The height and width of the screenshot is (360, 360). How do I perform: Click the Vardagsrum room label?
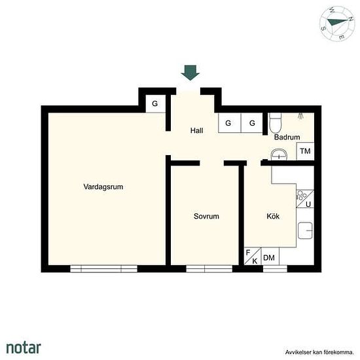point(103,187)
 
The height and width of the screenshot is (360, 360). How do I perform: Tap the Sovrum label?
point(206,216)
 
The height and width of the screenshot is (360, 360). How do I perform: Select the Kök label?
point(273,216)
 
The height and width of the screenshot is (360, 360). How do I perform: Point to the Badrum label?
point(287,137)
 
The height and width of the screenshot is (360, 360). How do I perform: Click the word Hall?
point(196,130)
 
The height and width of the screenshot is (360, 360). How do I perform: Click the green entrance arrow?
point(190,73)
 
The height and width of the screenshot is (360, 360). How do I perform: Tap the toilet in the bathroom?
point(275,122)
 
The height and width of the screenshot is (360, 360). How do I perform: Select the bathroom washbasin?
point(279,154)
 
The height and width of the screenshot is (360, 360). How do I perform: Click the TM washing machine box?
point(305,151)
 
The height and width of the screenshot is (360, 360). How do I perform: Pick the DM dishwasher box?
point(270,256)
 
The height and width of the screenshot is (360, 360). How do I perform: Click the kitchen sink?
point(305,230)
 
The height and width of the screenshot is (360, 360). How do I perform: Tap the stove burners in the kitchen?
point(302,196)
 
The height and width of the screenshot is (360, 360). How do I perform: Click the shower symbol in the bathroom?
point(300,116)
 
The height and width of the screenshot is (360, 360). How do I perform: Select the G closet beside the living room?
point(155,104)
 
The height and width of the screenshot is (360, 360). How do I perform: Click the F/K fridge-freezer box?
point(253,256)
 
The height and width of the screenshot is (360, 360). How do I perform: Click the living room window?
point(104,268)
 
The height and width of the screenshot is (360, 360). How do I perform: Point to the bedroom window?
point(209,268)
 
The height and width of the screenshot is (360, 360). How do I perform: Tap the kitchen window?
point(275,268)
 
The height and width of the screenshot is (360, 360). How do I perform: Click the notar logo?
point(24,348)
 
